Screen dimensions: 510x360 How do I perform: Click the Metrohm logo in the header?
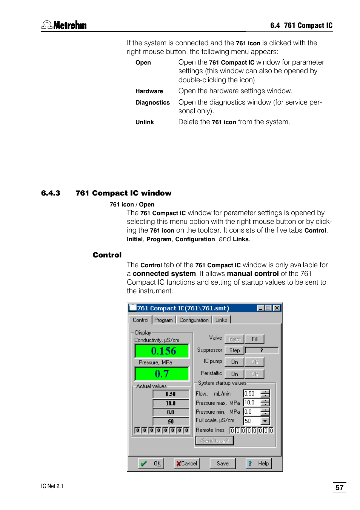(x=64, y=25)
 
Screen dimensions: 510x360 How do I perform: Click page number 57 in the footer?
(x=339, y=487)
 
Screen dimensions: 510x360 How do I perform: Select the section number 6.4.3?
(x=51, y=193)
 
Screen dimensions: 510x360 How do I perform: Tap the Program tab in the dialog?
(x=163, y=320)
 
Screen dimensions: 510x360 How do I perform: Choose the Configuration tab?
(x=194, y=320)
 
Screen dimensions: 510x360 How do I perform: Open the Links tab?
(x=221, y=320)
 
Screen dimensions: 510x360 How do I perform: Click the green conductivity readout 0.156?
(x=162, y=351)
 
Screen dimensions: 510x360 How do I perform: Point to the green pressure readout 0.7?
(x=162, y=374)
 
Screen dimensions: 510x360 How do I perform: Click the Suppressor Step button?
(x=234, y=350)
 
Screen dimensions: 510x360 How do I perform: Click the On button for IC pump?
(x=234, y=362)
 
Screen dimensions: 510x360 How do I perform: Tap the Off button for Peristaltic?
(x=255, y=374)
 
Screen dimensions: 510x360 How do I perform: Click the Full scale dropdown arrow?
(x=265, y=421)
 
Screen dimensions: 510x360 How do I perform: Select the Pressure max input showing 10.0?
(x=252, y=403)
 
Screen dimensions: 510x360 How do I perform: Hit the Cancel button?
(x=187, y=464)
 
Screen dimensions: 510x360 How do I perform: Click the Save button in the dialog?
(x=223, y=464)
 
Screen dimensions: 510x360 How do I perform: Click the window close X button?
(x=277, y=308)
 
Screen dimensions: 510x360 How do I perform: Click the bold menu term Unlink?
(x=145, y=122)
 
